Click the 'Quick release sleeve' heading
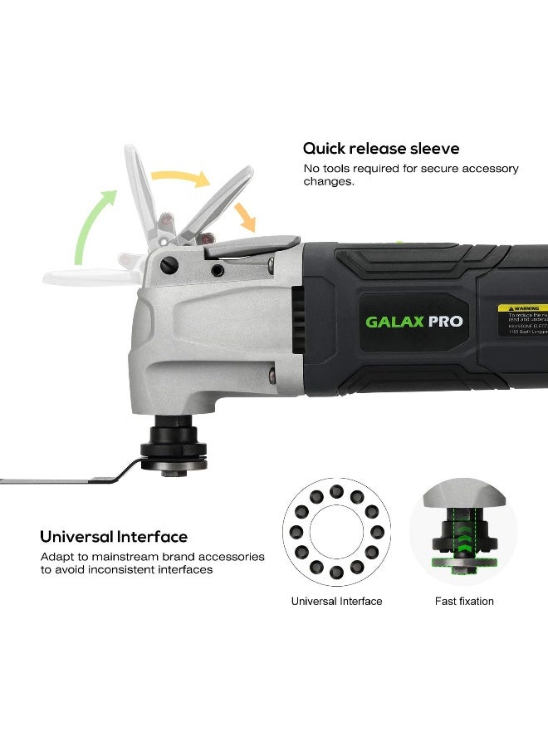(380, 149)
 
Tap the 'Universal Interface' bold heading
(114, 537)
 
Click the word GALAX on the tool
(394, 322)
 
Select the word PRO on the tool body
(445, 322)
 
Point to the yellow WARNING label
(522, 308)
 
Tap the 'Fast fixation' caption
(464, 601)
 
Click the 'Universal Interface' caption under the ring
(336, 601)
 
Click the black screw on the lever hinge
(172, 266)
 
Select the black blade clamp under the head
(172, 449)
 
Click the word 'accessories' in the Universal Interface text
(234, 556)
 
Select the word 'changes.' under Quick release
(329, 181)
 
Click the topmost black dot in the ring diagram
(336, 491)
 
